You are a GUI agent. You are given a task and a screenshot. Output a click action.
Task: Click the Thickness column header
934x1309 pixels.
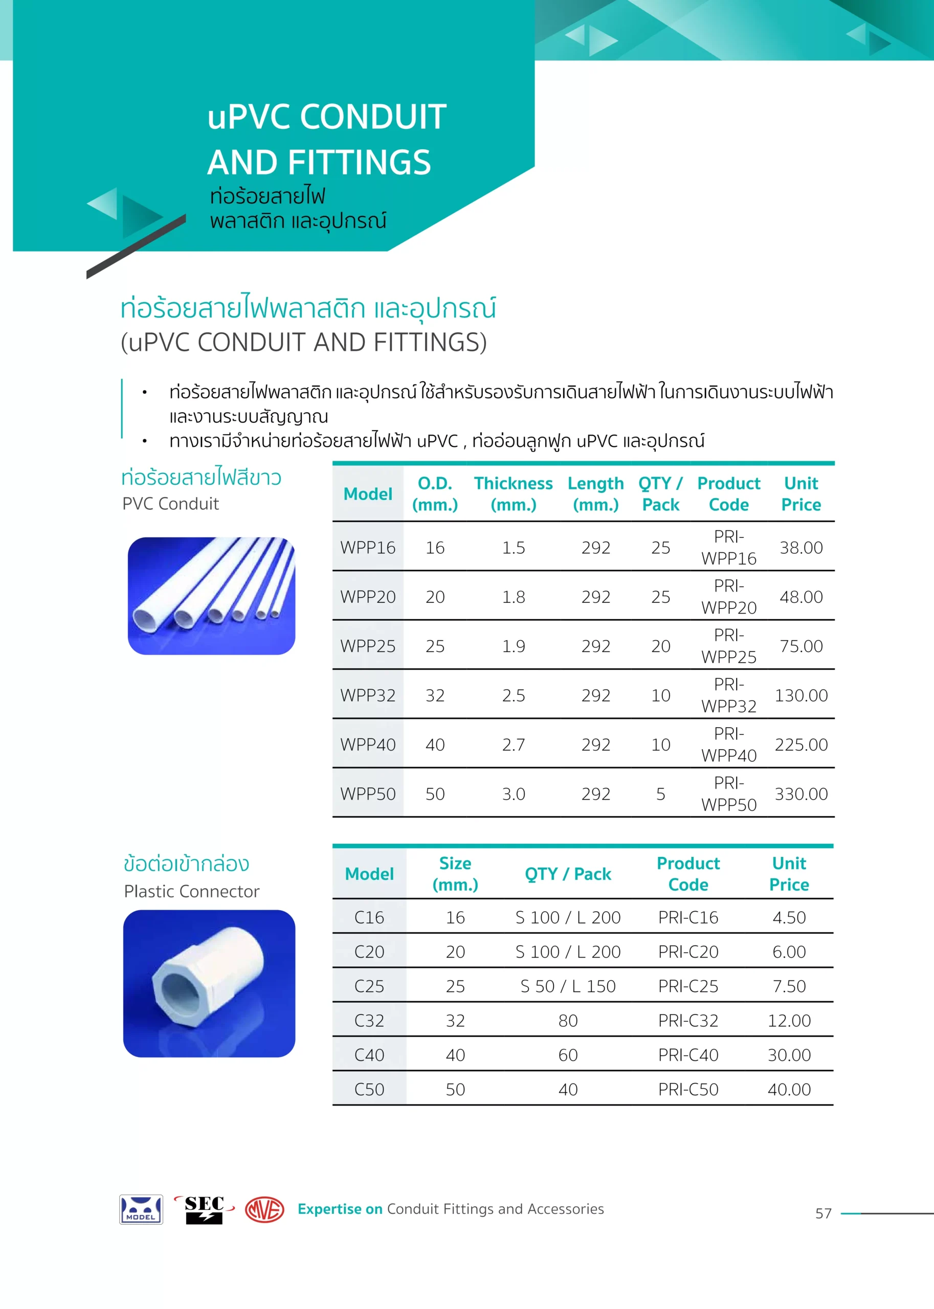[x=513, y=494]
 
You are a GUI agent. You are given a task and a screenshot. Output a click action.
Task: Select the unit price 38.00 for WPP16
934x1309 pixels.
[x=800, y=548]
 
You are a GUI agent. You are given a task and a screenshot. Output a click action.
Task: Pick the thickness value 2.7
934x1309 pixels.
[x=513, y=745]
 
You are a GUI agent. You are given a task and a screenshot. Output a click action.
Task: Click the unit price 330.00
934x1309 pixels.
[x=800, y=795]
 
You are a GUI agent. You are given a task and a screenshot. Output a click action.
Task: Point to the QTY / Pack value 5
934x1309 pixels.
[x=660, y=795]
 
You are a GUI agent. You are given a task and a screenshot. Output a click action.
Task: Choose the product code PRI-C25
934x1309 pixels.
[x=688, y=986]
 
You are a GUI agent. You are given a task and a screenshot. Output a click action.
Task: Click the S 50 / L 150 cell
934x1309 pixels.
[x=568, y=986]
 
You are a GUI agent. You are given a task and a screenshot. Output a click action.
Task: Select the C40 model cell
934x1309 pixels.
[x=369, y=1055]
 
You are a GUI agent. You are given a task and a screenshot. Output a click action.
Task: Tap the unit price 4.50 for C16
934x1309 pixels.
[x=789, y=917]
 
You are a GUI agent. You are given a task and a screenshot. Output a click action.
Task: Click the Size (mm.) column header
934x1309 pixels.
[x=455, y=874]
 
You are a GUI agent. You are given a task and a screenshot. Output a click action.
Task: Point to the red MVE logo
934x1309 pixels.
[x=264, y=1209]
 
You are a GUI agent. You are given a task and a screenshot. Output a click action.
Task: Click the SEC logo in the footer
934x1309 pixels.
[x=204, y=1209]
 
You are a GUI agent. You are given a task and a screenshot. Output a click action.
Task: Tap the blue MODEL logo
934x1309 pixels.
[x=141, y=1209]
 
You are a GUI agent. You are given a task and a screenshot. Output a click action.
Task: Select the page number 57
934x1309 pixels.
[x=823, y=1213]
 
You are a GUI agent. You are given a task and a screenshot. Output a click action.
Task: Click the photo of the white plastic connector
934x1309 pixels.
[x=209, y=984]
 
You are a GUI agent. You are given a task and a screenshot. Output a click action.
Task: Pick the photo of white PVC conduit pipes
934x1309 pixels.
[x=211, y=596]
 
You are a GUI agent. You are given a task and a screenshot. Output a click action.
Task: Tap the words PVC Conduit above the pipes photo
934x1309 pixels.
[x=170, y=504]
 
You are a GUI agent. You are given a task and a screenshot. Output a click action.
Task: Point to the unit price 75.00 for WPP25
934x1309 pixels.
[x=800, y=646]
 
